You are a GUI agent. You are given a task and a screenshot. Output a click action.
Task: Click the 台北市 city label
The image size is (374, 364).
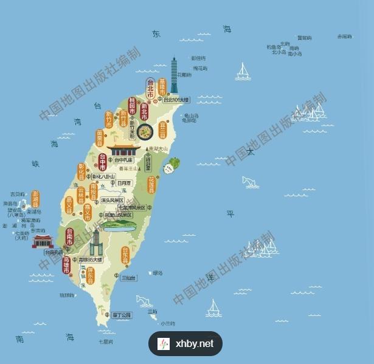(150, 89)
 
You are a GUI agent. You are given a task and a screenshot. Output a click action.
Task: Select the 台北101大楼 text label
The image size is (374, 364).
(176, 100)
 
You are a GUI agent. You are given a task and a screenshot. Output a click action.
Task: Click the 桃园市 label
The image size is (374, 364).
(133, 106)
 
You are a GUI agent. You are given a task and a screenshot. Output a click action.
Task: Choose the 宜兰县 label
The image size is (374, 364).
(162, 129)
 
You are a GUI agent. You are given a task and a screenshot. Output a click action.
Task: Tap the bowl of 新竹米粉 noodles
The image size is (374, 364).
(145, 130)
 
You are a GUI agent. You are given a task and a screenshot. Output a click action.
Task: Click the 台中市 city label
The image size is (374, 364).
(103, 161)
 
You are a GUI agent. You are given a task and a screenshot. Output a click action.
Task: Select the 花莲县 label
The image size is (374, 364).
(151, 184)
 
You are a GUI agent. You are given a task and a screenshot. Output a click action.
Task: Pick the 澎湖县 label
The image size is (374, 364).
(35, 198)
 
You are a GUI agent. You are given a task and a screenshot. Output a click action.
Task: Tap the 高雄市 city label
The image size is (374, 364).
(66, 264)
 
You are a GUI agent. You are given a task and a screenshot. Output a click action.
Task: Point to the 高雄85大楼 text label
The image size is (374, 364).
(91, 259)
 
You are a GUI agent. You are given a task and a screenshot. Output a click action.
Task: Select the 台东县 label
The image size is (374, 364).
(125, 255)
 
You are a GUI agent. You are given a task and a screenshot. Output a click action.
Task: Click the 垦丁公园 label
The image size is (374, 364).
(122, 315)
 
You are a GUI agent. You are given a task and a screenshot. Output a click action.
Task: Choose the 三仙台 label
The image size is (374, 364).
(129, 278)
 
